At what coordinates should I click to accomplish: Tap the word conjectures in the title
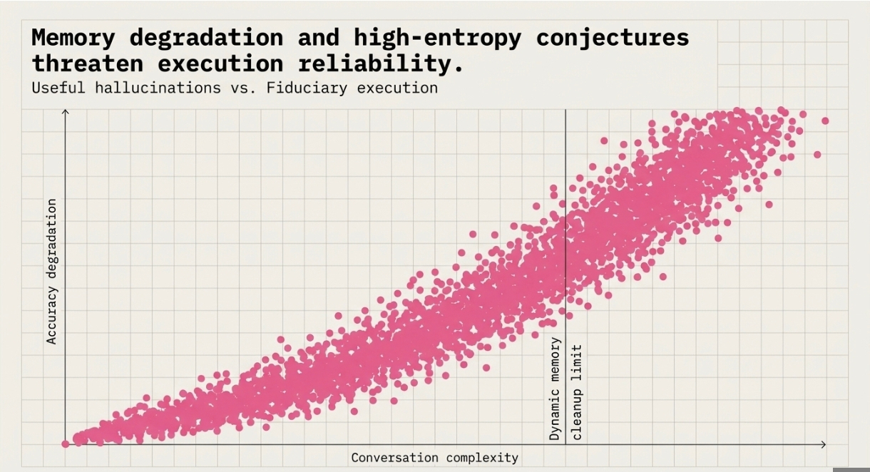[x=613, y=37]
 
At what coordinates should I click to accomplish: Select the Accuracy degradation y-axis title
[x=51, y=271]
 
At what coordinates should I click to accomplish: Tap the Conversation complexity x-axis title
[x=434, y=458]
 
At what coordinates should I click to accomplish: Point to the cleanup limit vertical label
[x=577, y=391]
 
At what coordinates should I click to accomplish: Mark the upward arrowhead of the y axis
[x=66, y=112]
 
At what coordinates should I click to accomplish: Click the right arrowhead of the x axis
[x=824, y=444]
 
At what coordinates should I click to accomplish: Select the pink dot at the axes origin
[x=66, y=443]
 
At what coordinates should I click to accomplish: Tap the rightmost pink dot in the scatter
[x=825, y=120]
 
